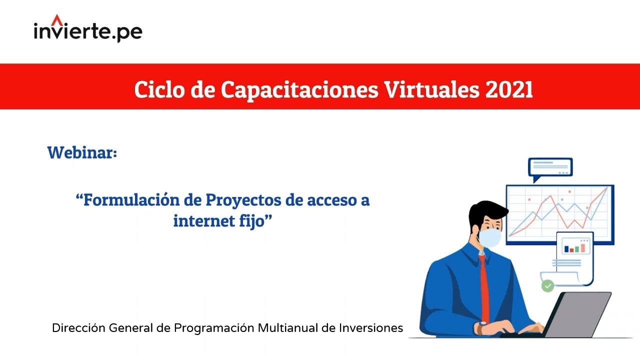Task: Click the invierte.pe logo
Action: point(88,31)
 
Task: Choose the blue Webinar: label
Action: point(82,152)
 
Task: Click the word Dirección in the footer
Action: point(78,328)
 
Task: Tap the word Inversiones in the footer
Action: point(371,328)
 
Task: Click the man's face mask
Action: point(490,237)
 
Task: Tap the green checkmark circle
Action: point(548,286)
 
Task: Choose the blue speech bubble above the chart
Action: point(550,167)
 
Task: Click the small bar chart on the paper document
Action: point(574,248)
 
